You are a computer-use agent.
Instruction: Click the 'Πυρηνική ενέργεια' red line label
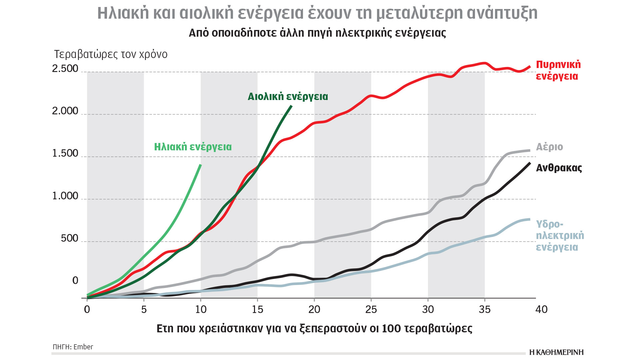[x=558, y=70]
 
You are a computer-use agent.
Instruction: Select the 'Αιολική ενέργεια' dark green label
[x=288, y=96]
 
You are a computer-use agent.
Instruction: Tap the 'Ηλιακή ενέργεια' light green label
[x=193, y=147]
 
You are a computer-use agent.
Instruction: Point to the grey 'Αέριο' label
[x=549, y=147]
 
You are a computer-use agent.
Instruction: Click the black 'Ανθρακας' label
[x=559, y=168]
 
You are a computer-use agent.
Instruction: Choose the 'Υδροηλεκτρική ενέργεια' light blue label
[x=560, y=235]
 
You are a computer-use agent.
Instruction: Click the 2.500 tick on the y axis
[x=65, y=68]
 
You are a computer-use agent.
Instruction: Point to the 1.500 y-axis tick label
[x=65, y=153]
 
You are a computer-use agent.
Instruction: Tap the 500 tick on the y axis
[x=69, y=238]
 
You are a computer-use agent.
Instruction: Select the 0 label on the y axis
[x=75, y=281]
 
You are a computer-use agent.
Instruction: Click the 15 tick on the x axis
[x=257, y=309]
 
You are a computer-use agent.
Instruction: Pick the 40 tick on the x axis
[x=541, y=309]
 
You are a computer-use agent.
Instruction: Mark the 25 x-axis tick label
[x=371, y=309]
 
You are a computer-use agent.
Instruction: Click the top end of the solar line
[x=200, y=165]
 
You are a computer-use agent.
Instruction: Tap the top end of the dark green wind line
[x=291, y=106]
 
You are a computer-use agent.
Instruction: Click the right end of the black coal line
[x=530, y=163]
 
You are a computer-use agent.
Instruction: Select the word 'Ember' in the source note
[x=83, y=347]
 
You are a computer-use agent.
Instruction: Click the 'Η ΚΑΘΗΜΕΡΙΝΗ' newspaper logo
[x=556, y=352]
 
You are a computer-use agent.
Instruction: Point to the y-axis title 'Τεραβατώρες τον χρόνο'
[x=111, y=54]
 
